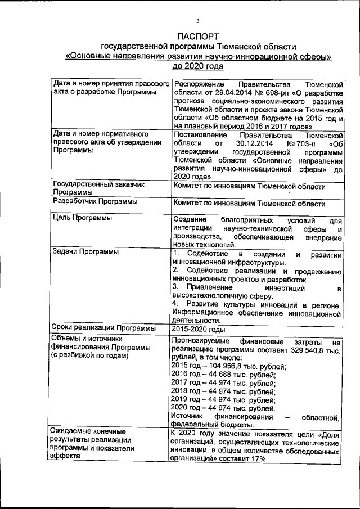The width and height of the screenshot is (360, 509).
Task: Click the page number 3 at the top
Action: point(198,21)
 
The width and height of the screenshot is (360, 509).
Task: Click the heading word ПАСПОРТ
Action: point(197,37)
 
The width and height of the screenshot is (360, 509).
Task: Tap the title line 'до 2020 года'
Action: point(197,66)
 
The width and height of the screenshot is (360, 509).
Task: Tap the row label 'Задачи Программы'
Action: point(85,252)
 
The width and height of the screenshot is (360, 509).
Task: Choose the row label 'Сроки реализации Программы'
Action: point(103,328)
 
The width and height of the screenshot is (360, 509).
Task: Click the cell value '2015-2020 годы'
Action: point(199,328)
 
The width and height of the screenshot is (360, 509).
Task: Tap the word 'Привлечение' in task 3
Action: point(206,287)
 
